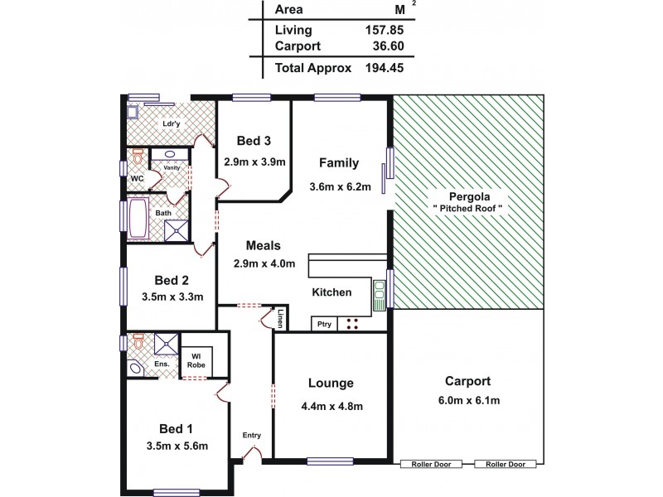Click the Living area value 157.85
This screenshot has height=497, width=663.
click(385, 30)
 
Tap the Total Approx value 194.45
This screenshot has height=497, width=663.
click(385, 68)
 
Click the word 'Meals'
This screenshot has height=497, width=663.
click(264, 245)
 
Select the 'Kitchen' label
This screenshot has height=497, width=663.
click(331, 292)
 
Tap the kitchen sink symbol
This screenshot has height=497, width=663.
click(380, 290)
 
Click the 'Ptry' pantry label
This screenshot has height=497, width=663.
click(324, 324)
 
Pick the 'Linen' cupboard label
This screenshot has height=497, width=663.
click(281, 318)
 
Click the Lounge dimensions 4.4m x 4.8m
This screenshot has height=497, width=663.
click(331, 406)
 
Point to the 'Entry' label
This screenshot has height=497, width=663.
click(252, 435)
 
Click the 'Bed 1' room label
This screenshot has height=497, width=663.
click(176, 428)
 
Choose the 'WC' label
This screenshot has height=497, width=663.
click(138, 176)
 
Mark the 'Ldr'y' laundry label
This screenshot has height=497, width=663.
click(172, 124)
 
